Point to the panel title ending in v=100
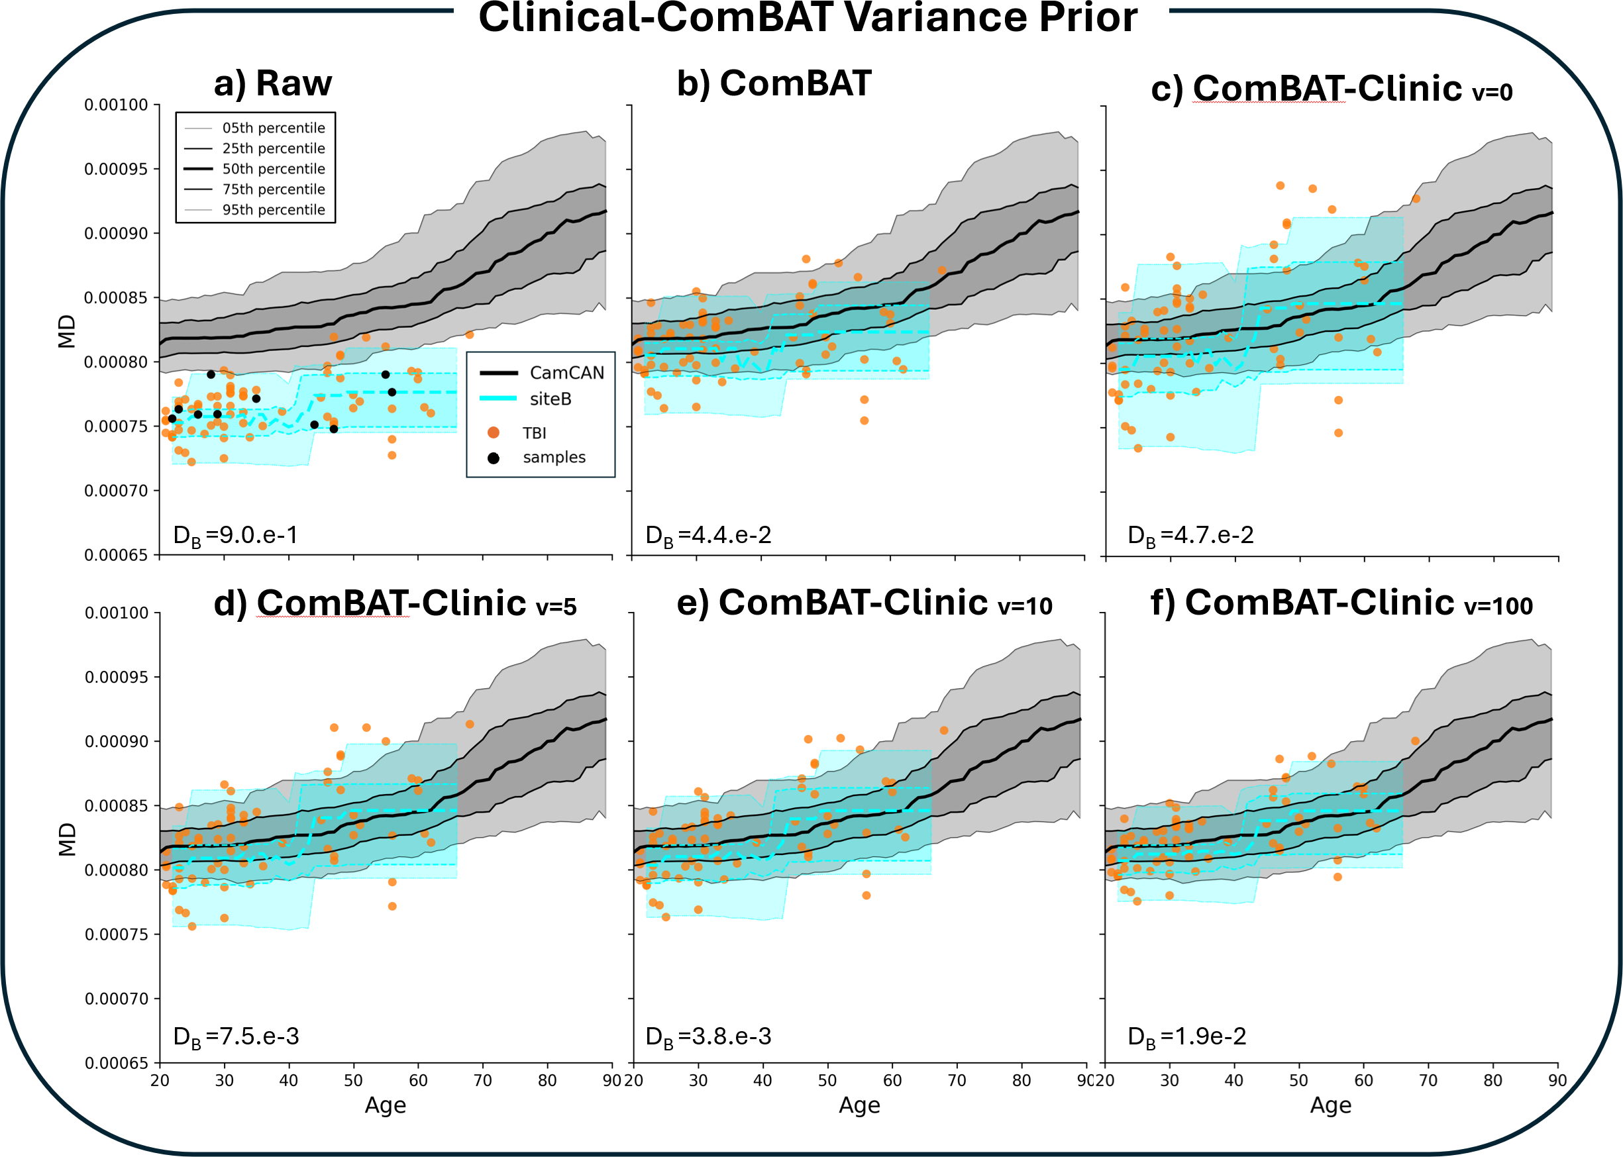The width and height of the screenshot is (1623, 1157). pyautogui.click(x=1341, y=603)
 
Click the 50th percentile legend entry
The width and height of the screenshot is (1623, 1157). pyautogui.click(x=273, y=169)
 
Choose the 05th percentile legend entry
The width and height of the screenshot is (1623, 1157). pyautogui.click(x=273, y=128)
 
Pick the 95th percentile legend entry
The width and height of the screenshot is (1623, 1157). pyautogui.click(x=273, y=210)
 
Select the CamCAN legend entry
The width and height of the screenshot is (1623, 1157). pyautogui.click(x=566, y=373)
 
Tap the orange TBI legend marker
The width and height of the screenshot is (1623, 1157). pyautogui.click(x=493, y=433)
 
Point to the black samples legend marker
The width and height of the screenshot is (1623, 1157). pyautogui.click(x=493, y=458)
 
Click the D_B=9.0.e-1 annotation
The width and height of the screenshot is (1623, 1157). pyautogui.click(x=235, y=536)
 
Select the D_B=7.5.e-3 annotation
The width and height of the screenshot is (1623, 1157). pyautogui.click(x=236, y=1036)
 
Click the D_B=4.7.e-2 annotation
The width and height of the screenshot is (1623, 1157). pyautogui.click(x=1190, y=536)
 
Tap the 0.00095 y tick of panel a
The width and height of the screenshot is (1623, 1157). pyautogui.click(x=116, y=170)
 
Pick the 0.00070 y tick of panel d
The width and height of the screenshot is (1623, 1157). pyautogui.click(x=116, y=999)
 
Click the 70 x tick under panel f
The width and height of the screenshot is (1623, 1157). pyautogui.click(x=1428, y=1081)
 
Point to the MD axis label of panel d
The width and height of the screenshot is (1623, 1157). pyautogui.click(x=67, y=838)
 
